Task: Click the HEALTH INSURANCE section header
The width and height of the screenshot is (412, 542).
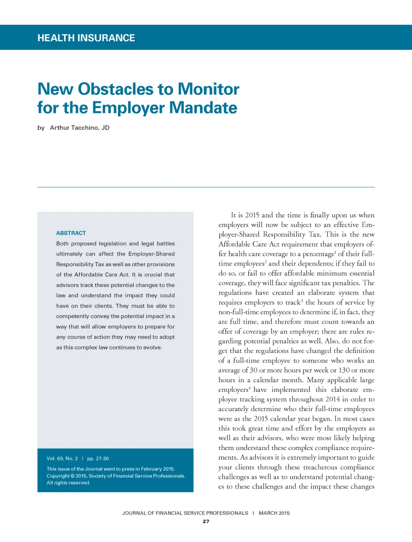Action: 86,38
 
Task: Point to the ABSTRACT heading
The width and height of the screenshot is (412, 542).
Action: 71,233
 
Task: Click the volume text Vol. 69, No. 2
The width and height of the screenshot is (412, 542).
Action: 62,458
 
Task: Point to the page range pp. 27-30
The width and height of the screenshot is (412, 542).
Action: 98,458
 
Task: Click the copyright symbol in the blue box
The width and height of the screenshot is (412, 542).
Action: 73,476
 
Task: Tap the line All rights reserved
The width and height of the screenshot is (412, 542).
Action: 68,483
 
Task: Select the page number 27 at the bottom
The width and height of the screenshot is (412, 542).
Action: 206,522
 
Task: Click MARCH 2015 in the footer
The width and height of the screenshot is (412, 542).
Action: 274,513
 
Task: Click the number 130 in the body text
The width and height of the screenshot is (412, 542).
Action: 344,370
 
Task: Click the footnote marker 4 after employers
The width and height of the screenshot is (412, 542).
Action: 249,388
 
